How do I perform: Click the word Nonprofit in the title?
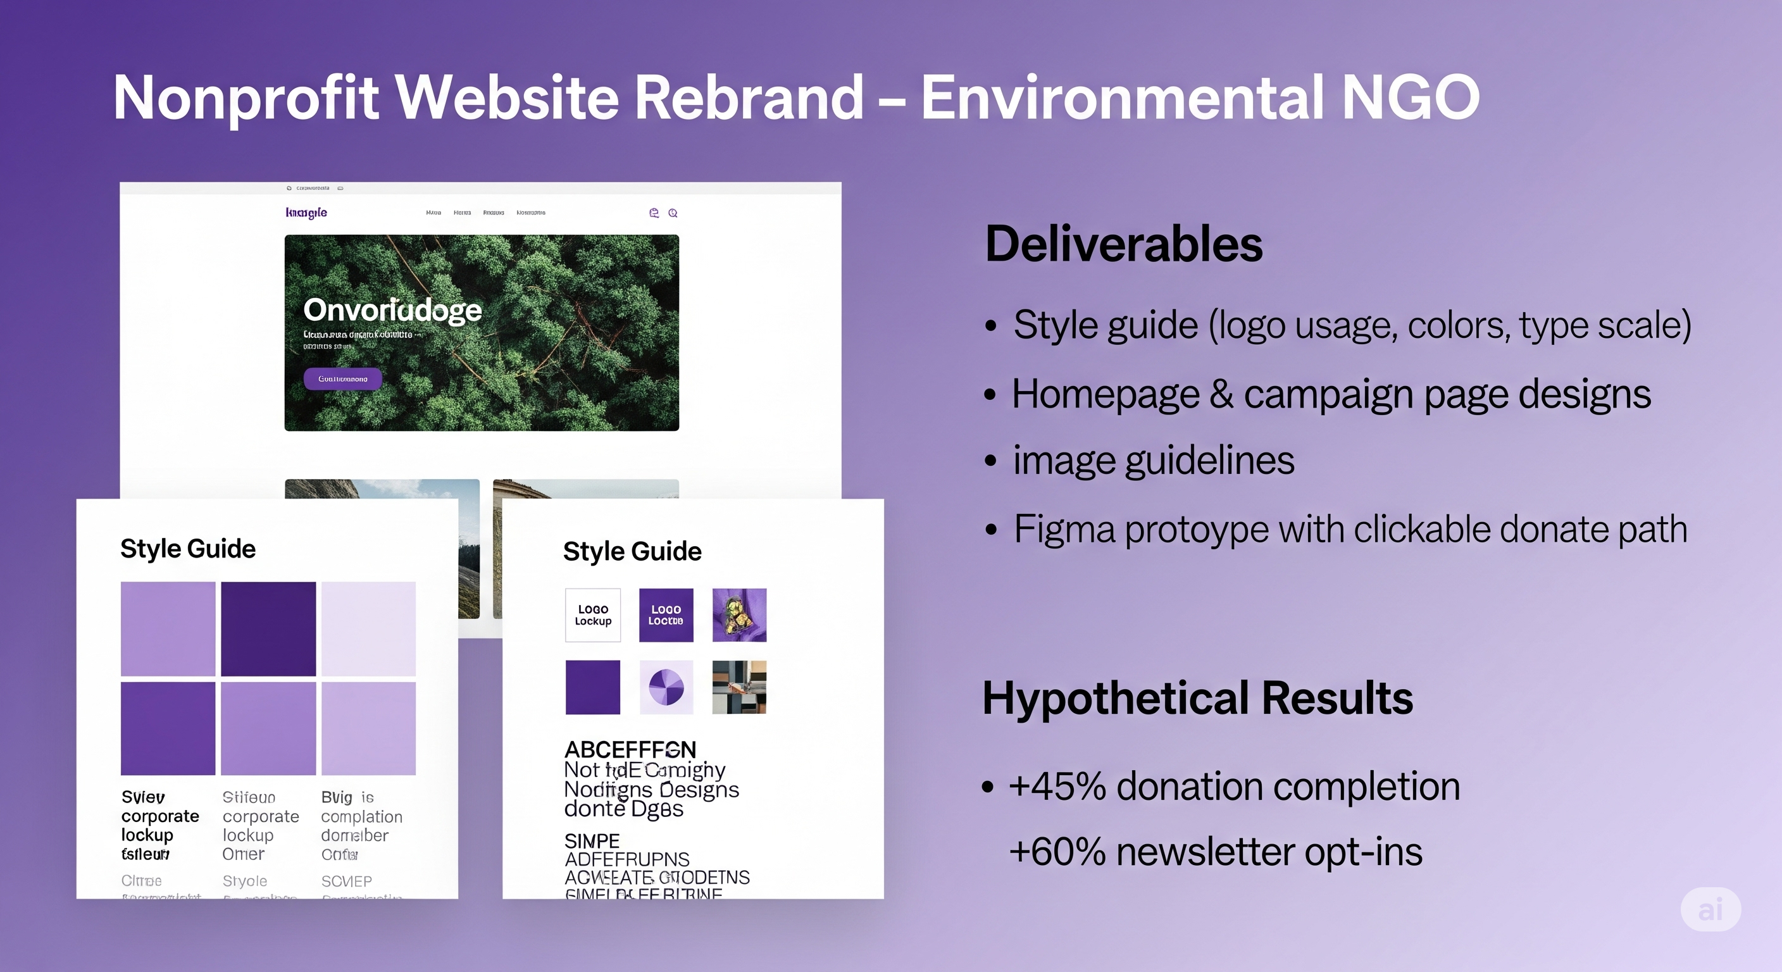pyautogui.click(x=246, y=98)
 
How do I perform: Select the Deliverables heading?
pyautogui.click(x=1123, y=244)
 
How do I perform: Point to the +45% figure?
pyautogui.click(x=1057, y=787)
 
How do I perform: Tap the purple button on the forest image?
pyautogui.click(x=342, y=379)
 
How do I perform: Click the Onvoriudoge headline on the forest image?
pyautogui.click(x=392, y=310)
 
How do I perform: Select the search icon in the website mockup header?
pyautogui.click(x=673, y=213)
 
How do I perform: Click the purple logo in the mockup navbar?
pyautogui.click(x=306, y=213)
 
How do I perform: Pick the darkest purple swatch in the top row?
pyautogui.click(x=268, y=628)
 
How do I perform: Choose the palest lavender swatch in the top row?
pyautogui.click(x=369, y=628)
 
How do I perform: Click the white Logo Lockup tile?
pyautogui.click(x=593, y=615)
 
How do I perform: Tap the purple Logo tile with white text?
pyautogui.click(x=666, y=615)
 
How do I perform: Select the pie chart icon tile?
pyautogui.click(x=666, y=687)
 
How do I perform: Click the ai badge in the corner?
pyautogui.click(x=1710, y=910)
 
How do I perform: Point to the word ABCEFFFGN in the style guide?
pyautogui.click(x=630, y=749)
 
